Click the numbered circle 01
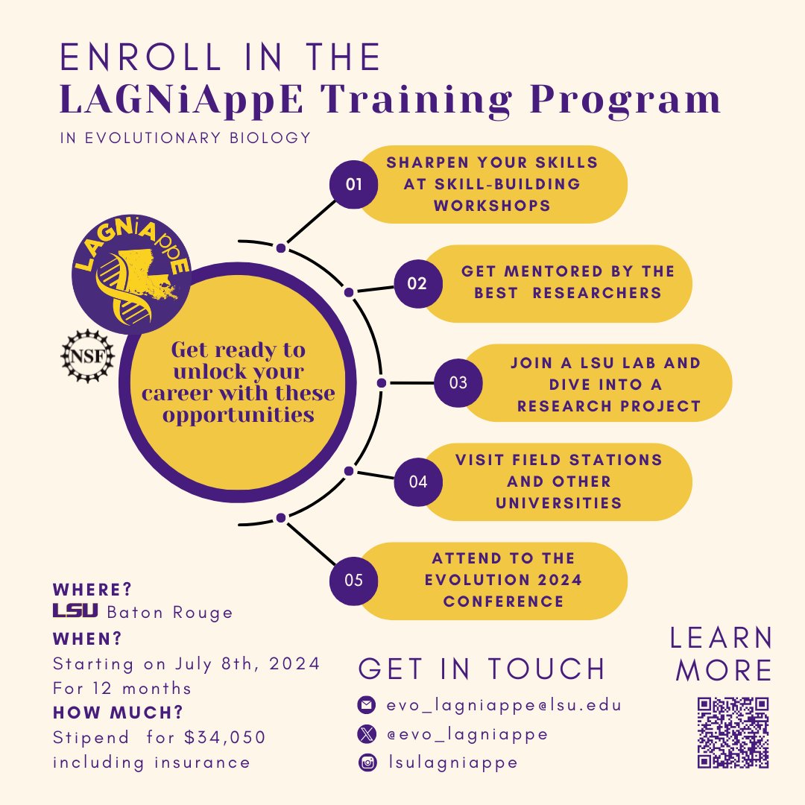[x=354, y=183]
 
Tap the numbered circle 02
[x=417, y=283]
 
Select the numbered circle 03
[x=458, y=383]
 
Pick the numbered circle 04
[x=417, y=482]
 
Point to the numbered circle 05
[x=354, y=579]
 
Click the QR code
[x=733, y=733]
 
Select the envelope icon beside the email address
[x=366, y=704]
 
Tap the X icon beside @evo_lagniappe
[x=366, y=734]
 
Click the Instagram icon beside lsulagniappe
[x=366, y=763]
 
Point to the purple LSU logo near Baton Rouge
[x=75, y=611]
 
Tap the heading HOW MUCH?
[x=118, y=712]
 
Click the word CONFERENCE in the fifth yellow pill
[x=503, y=601]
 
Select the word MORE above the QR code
[x=723, y=670]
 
